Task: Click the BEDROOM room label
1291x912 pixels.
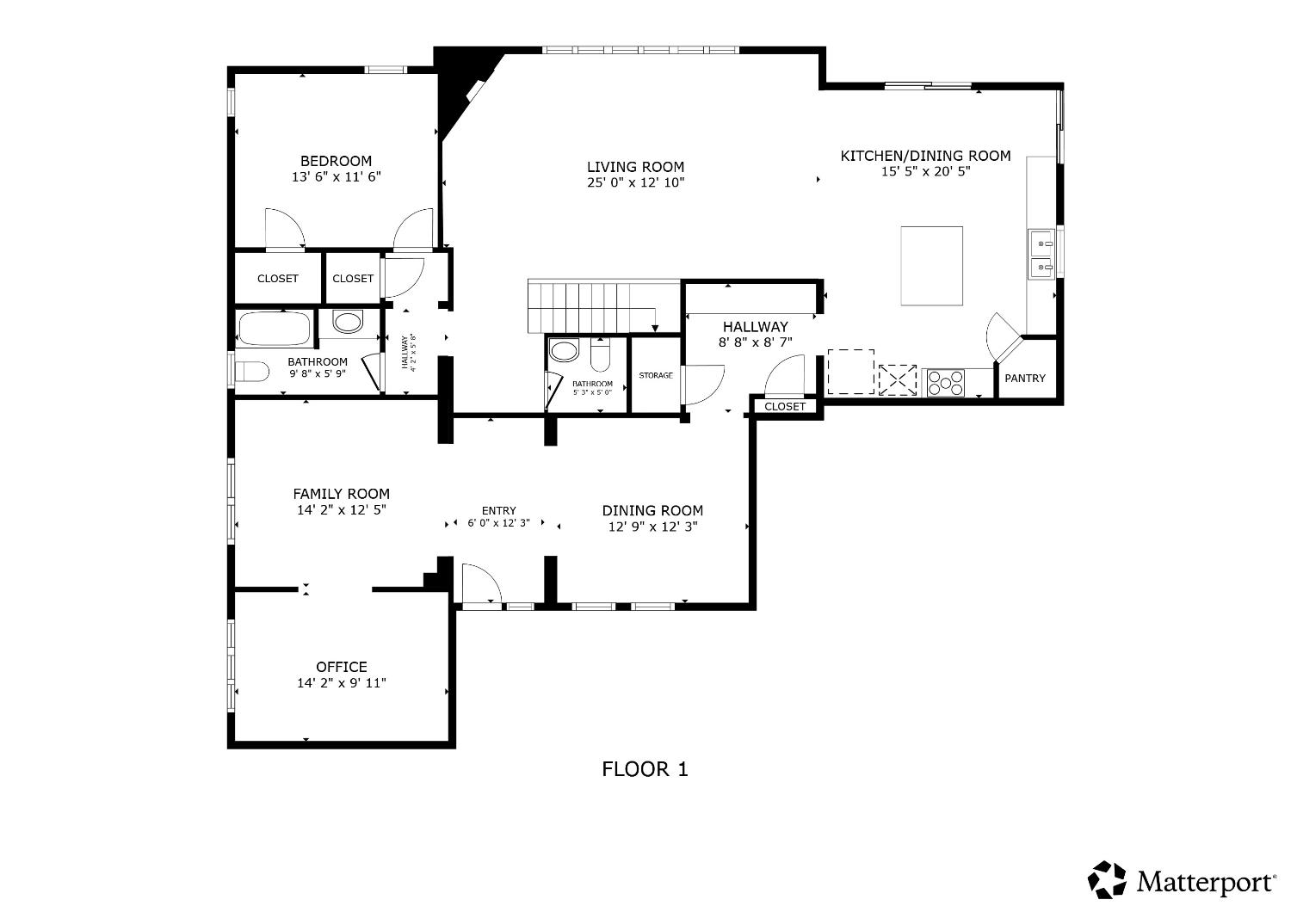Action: point(336,161)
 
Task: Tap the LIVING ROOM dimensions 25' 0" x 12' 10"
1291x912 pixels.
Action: point(635,182)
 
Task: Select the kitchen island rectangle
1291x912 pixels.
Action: point(931,266)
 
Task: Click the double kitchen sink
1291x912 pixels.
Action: point(1041,255)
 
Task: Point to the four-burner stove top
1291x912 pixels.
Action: point(944,382)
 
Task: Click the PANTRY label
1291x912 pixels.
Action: point(1025,379)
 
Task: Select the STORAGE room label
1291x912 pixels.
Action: point(655,376)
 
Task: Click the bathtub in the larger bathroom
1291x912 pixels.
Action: point(274,328)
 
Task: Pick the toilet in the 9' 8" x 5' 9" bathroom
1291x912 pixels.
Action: point(253,373)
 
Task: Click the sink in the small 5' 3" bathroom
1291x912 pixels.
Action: point(565,351)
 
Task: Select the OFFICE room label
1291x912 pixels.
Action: point(341,667)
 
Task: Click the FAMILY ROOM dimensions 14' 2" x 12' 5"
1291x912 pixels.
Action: point(341,510)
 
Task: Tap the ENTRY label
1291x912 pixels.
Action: point(498,511)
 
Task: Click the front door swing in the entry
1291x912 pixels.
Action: point(479,584)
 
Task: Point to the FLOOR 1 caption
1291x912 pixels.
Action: point(645,769)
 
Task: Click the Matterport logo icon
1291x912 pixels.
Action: point(1107,880)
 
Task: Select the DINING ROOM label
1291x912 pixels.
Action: point(652,510)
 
